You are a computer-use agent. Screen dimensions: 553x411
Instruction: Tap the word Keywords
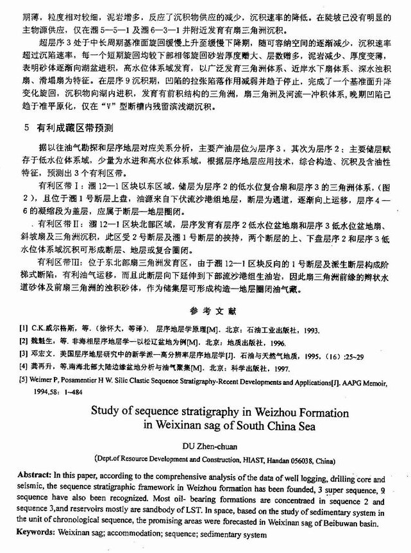point(36,533)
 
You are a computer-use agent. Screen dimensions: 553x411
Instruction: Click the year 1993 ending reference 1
point(312,328)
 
